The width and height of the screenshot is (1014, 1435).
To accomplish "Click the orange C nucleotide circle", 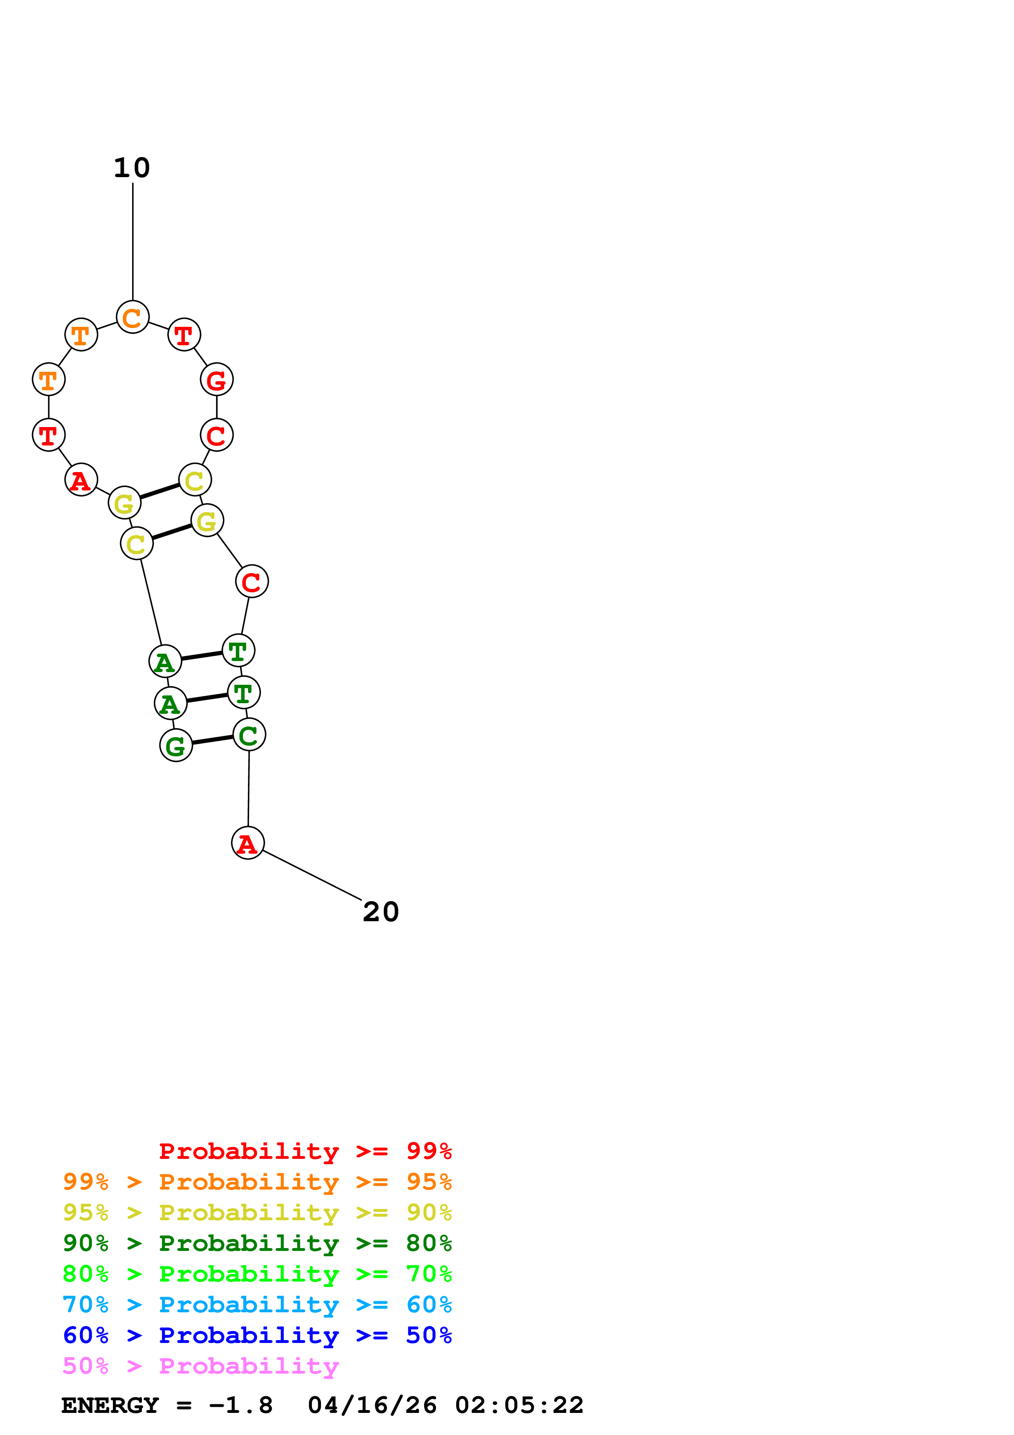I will point(133,317).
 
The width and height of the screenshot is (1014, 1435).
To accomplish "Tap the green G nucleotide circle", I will point(176,745).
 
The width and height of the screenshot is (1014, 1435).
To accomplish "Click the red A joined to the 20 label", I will point(248,843).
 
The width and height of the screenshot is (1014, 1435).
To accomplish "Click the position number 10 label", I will point(132,167).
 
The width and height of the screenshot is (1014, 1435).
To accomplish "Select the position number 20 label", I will point(380,912).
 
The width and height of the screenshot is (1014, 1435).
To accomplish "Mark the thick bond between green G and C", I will point(212,740).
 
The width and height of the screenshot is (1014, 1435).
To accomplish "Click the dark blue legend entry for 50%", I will point(257,1335).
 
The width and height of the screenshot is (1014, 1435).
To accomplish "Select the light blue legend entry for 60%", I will point(257,1305).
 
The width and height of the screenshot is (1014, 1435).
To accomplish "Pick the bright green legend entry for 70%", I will point(257,1274).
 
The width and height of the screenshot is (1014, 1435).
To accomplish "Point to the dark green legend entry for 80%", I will point(257,1243).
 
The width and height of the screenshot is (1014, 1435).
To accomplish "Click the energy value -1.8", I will point(241,1406).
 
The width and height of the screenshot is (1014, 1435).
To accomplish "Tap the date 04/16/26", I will point(372,1406).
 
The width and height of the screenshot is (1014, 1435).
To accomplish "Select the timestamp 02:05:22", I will point(519,1406).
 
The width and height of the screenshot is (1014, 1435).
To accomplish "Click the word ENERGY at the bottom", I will point(110,1406).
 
